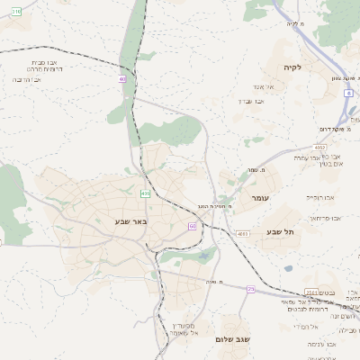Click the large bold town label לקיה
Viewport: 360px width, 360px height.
point(291,67)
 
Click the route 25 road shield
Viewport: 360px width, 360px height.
point(251,289)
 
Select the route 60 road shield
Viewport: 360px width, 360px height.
point(193,226)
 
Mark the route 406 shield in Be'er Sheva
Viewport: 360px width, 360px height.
point(145,193)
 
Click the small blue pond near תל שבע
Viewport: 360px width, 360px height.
point(288,267)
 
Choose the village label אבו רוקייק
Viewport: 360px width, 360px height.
point(319,196)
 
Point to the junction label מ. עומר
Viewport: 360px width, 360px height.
point(252,169)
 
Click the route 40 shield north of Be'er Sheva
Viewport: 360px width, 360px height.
point(122,79)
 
